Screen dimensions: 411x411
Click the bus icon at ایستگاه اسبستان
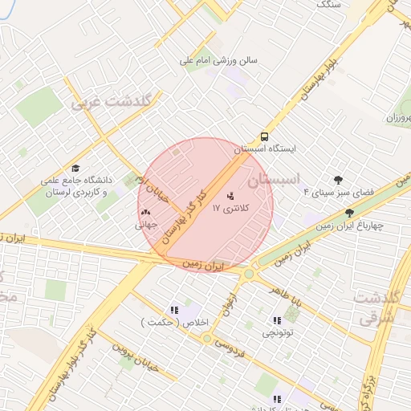pos(264,137)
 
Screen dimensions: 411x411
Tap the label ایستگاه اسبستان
pos(265,149)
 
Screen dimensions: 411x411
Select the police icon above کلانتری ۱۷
pos(231,195)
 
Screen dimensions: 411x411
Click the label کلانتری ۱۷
pos(232,207)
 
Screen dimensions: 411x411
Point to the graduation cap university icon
pos(75,169)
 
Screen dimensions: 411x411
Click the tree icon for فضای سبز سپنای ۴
pos(337,180)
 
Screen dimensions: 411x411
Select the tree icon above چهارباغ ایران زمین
pos(348,213)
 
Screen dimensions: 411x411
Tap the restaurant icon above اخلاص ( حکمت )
pos(173,310)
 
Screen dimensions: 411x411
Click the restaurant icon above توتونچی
pos(275,321)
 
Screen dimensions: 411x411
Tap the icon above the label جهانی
pos(146,213)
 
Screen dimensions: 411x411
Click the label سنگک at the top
pos(329,5)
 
